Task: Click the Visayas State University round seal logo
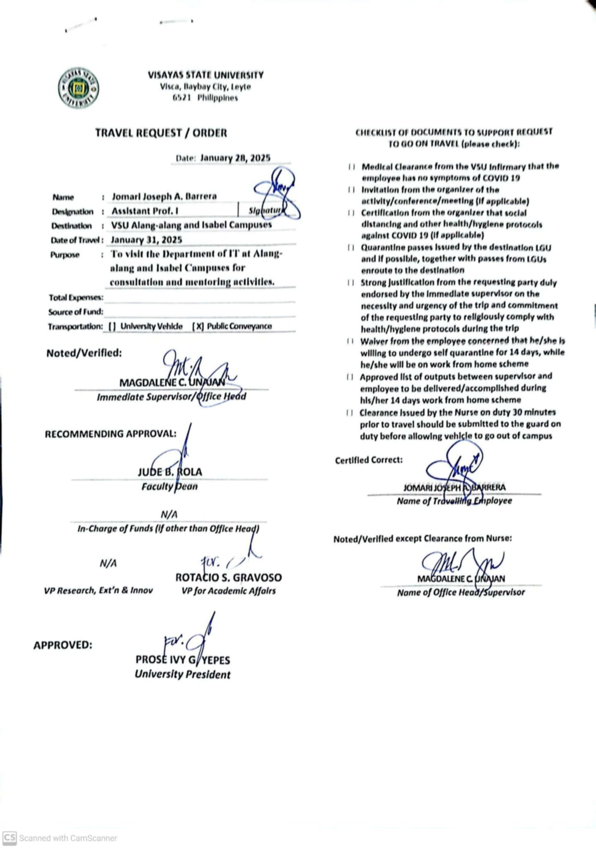(78, 88)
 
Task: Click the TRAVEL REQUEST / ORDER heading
(161, 133)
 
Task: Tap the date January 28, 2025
(235, 158)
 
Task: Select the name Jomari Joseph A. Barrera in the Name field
(164, 196)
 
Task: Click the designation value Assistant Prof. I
(145, 211)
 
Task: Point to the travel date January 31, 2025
(146, 240)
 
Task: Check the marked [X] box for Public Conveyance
(198, 326)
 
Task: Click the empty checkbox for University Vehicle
(112, 326)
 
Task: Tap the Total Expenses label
(76, 297)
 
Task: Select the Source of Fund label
(75, 312)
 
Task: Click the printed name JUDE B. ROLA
(170, 472)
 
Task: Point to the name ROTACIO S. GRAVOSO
(228, 577)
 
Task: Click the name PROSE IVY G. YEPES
(183, 660)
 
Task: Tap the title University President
(182, 675)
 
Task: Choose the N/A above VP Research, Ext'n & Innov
(108, 563)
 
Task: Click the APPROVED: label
(63, 645)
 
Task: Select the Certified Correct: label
(369, 460)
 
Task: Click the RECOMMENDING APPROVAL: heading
(111, 434)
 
